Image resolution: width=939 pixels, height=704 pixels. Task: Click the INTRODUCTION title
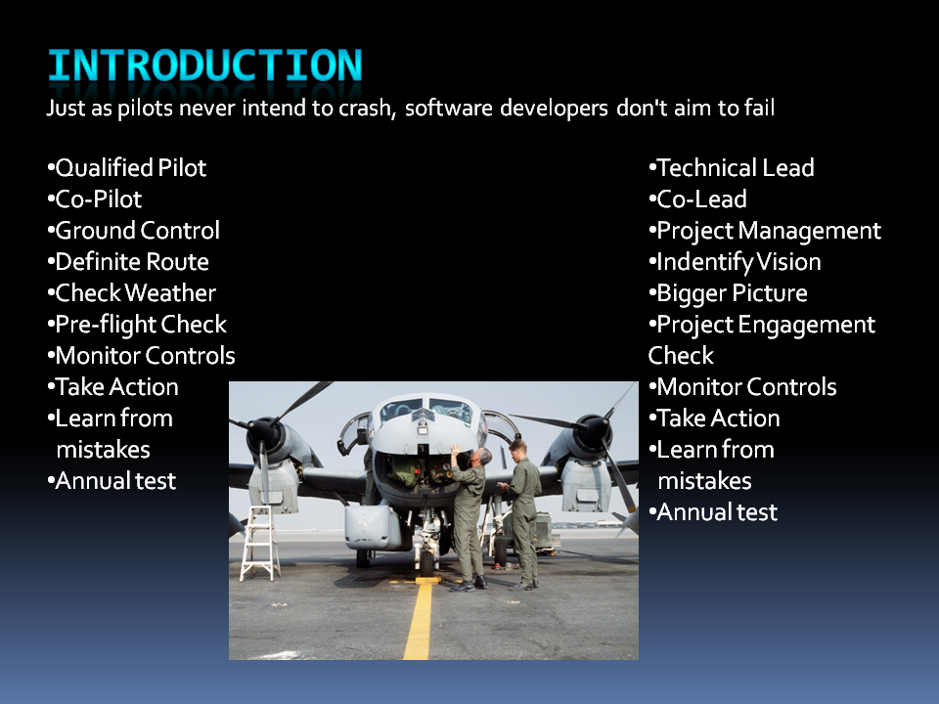coord(204,66)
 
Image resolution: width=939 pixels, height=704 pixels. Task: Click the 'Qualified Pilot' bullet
coord(127,168)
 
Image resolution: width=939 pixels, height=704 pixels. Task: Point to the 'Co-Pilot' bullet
coord(95,199)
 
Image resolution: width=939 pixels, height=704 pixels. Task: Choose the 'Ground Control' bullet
coord(134,231)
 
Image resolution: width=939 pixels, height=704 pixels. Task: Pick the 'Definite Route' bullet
coord(128,262)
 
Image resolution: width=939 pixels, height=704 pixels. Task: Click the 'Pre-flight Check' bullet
coord(137,325)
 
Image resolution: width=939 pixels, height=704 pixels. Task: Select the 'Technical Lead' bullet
coord(732,168)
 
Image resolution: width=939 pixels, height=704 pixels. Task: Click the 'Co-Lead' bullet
coord(698,199)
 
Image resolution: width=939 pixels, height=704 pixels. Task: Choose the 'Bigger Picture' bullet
coord(728,293)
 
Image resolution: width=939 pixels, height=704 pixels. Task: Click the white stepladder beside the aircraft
coord(260,543)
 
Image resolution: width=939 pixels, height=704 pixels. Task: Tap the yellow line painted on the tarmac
coord(419,620)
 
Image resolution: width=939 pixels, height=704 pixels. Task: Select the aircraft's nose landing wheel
coord(425,562)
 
